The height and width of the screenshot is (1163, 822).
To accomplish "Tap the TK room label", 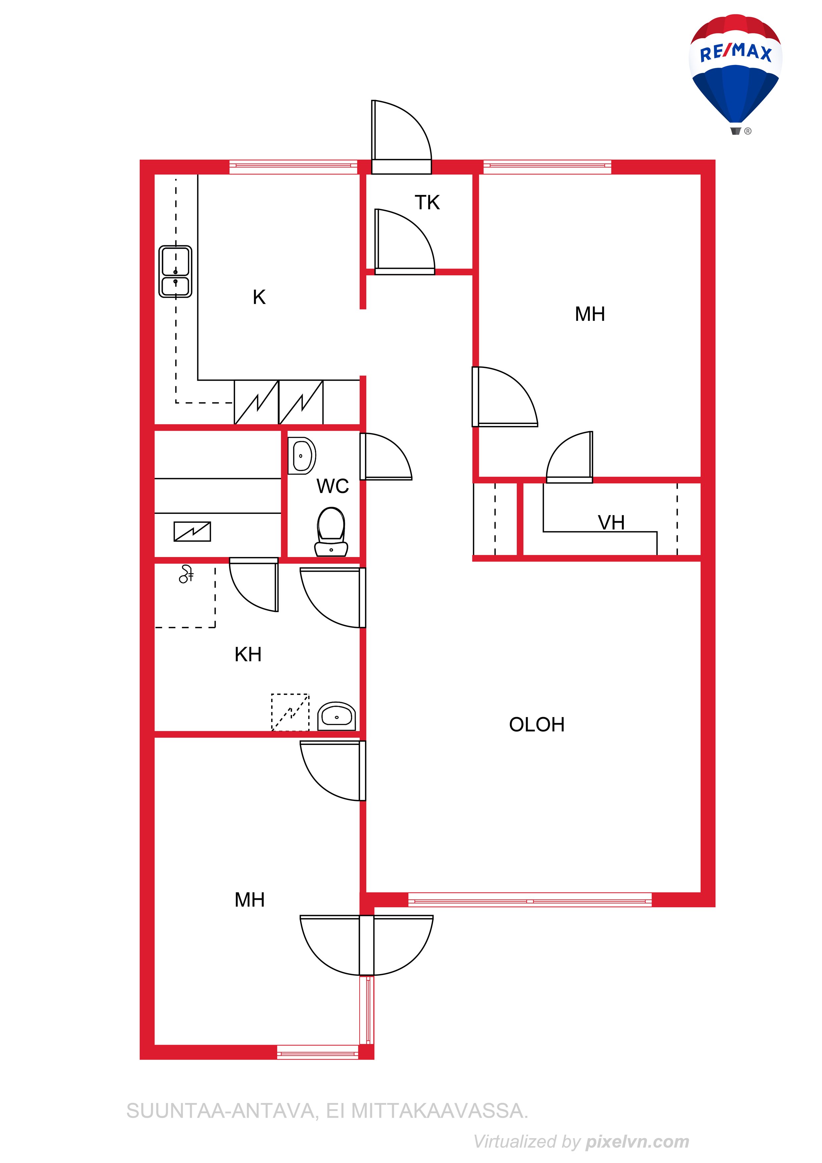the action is [427, 203].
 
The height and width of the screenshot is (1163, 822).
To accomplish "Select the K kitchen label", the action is [259, 297].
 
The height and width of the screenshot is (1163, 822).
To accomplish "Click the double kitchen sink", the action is [175, 272].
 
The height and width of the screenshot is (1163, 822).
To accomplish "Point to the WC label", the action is [333, 486].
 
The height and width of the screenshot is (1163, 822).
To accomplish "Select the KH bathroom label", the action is [248, 654].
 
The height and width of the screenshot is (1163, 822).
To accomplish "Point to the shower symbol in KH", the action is [186, 574].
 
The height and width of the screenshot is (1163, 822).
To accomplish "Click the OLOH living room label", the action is [537, 725].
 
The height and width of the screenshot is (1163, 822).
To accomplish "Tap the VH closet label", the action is [611, 523].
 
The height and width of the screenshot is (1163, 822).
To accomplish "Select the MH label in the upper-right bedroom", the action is [590, 314].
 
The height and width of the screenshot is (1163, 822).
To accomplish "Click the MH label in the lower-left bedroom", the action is [250, 900].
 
